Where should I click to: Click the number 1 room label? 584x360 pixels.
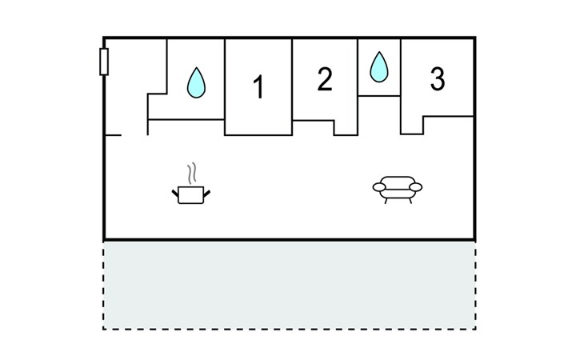pos(258,87)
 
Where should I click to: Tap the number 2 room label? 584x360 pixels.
pos(324,80)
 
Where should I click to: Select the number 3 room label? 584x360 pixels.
pos(437,79)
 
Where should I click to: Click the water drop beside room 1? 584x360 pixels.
pos(195,82)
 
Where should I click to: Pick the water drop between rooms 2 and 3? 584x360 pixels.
pos(378,67)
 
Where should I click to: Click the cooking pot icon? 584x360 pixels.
pos(190,194)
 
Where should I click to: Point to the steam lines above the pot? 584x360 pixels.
pos(190,174)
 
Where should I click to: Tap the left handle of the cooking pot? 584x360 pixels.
pos(175,192)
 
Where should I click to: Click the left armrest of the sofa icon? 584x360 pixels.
pos(378,187)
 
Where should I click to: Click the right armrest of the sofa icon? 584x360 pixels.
pos(416,187)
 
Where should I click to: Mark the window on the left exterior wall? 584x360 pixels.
pos(104,62)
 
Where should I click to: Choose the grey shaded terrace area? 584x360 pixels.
pos(290,284)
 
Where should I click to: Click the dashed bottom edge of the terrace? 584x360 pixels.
pos(290,329)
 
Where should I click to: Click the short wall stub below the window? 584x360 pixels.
pos(113,135)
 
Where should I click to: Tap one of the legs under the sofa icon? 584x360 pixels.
pos(387,200)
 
